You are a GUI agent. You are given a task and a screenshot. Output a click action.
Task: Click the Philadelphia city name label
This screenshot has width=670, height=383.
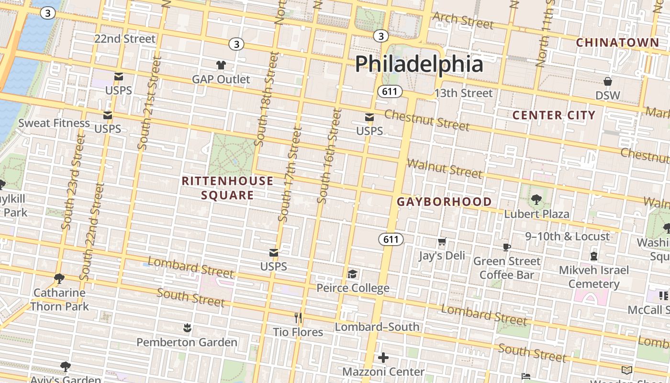coord(419,64)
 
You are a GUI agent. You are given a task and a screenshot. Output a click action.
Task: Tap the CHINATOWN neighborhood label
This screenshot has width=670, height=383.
coord(617,43)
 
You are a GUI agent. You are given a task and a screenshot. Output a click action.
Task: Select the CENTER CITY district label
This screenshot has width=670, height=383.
coord(554,115)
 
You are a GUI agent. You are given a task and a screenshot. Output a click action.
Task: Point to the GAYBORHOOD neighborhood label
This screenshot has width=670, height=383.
coord(444,202)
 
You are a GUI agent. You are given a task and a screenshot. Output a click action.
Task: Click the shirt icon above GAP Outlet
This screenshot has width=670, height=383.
coord(221,65)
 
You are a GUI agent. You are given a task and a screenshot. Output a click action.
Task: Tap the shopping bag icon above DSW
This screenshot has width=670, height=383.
coord(607,81)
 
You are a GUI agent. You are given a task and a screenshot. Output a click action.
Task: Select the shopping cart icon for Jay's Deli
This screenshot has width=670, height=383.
coord(442,242)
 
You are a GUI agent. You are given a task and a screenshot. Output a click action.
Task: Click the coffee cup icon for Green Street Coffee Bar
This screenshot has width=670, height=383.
coord(507,247)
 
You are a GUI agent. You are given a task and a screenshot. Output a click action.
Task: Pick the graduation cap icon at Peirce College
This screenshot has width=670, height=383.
coord(353,274)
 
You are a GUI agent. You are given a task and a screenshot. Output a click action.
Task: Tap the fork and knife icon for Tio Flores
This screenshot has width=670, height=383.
coord(298,318)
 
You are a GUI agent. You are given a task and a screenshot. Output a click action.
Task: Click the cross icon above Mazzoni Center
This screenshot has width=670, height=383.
coord(383,358)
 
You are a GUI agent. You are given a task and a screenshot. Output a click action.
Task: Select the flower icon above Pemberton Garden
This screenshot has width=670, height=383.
coord(187,328)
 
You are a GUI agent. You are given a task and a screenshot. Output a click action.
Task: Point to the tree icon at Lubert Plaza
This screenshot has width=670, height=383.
coord(536,199)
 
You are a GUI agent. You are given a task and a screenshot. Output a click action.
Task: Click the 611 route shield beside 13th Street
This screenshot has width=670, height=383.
coord(390,91)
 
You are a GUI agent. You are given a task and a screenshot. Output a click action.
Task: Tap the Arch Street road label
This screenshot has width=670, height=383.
coord(462,21)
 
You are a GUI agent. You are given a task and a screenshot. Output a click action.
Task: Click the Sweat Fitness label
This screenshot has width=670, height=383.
coord(54,123)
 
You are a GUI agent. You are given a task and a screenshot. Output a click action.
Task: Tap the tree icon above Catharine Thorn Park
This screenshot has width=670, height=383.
coord(59,278)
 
